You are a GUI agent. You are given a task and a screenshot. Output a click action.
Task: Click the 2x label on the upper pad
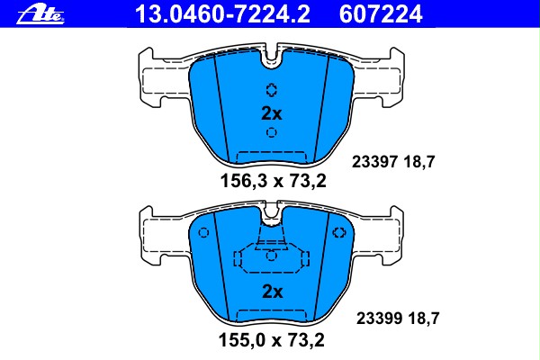pyautogui.click(x=272, y=113)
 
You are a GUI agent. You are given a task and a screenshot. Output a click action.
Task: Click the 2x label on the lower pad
pyautogui.click(x=272, y=292)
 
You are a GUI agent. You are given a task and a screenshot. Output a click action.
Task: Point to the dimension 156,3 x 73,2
pyautogui.click(x=272, y=180)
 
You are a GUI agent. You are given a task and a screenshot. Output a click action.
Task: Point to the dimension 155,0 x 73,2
pyautogui.click(x=272, y=340)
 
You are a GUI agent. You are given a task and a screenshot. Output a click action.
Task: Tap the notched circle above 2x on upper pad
pyautogui.click(x=272, y=89)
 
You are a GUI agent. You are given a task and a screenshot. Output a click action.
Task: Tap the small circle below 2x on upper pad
pyautogui.click(x=272, y=134)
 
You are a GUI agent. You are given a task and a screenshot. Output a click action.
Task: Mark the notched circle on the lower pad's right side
pyautogui.click(x=339, y=233)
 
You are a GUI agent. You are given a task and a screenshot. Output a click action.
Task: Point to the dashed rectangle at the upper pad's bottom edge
pyautogui.click(x=272, y=156)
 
